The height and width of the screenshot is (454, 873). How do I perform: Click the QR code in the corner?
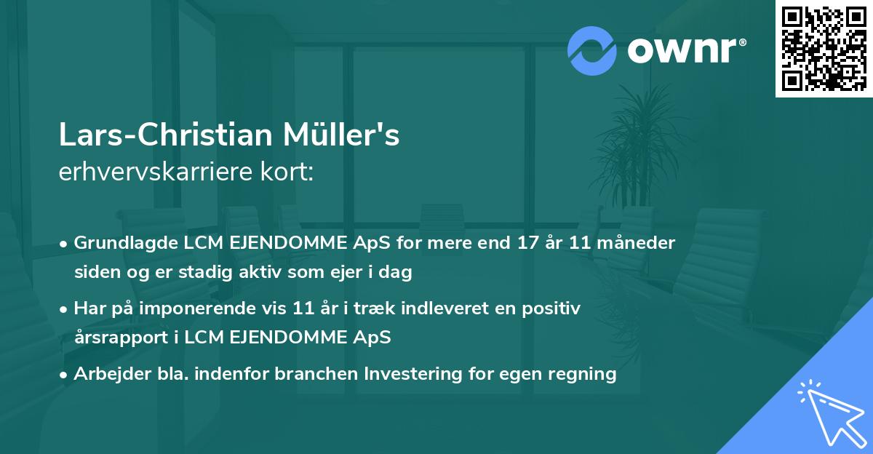point(824,48)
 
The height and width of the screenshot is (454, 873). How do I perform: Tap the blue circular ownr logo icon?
point(592,51)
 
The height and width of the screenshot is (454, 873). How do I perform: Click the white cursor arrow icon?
point(832,414)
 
